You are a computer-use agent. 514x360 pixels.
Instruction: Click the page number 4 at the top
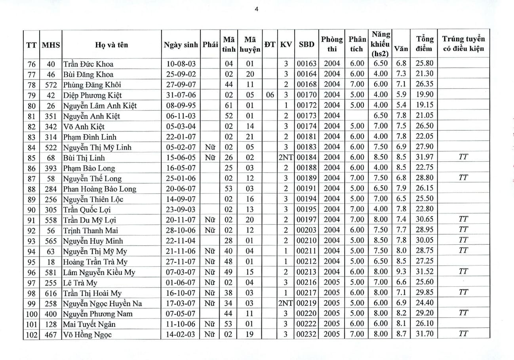click(257, 10)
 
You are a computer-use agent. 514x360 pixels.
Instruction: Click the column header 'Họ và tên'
click(111, 45)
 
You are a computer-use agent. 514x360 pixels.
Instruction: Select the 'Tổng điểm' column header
click(425, 44)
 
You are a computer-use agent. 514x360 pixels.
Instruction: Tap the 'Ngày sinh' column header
click(181, 45)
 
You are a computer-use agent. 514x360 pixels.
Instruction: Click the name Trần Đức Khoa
click(88, 64)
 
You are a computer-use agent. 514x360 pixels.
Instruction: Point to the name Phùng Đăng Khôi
click(92, 85)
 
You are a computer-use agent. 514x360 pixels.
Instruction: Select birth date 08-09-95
click(181, 105)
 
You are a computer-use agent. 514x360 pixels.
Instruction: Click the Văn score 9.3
click(401, 272)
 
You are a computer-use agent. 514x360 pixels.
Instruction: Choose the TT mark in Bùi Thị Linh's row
click(463, 157)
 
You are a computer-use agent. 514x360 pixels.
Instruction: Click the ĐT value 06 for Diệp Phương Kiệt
click(270, 95)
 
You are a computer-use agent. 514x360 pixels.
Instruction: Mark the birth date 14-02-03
click(181, 335)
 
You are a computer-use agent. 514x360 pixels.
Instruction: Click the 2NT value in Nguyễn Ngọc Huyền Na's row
click(285, 303)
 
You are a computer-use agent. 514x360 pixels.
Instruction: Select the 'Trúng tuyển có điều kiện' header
click(463, 44)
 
